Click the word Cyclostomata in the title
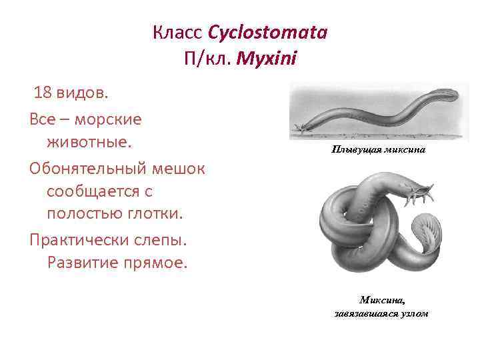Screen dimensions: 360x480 (x=267, y=33)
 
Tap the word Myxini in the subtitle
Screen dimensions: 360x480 (x=269, y=59)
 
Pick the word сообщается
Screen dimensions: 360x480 (x=93, y=191)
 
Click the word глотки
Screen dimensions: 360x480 (x=160, y=215)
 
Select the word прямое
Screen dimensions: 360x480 (x=160, y=263)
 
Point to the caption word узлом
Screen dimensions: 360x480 (x=412, y=313)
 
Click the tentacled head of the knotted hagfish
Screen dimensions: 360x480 (x=421, y=195)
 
